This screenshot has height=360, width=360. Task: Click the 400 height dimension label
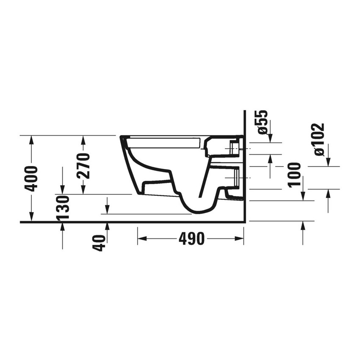32,178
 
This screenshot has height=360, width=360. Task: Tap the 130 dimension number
63,208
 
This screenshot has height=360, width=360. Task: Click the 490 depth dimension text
191,239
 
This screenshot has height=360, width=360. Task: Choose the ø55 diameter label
263,122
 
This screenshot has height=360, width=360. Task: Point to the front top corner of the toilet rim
122,137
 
